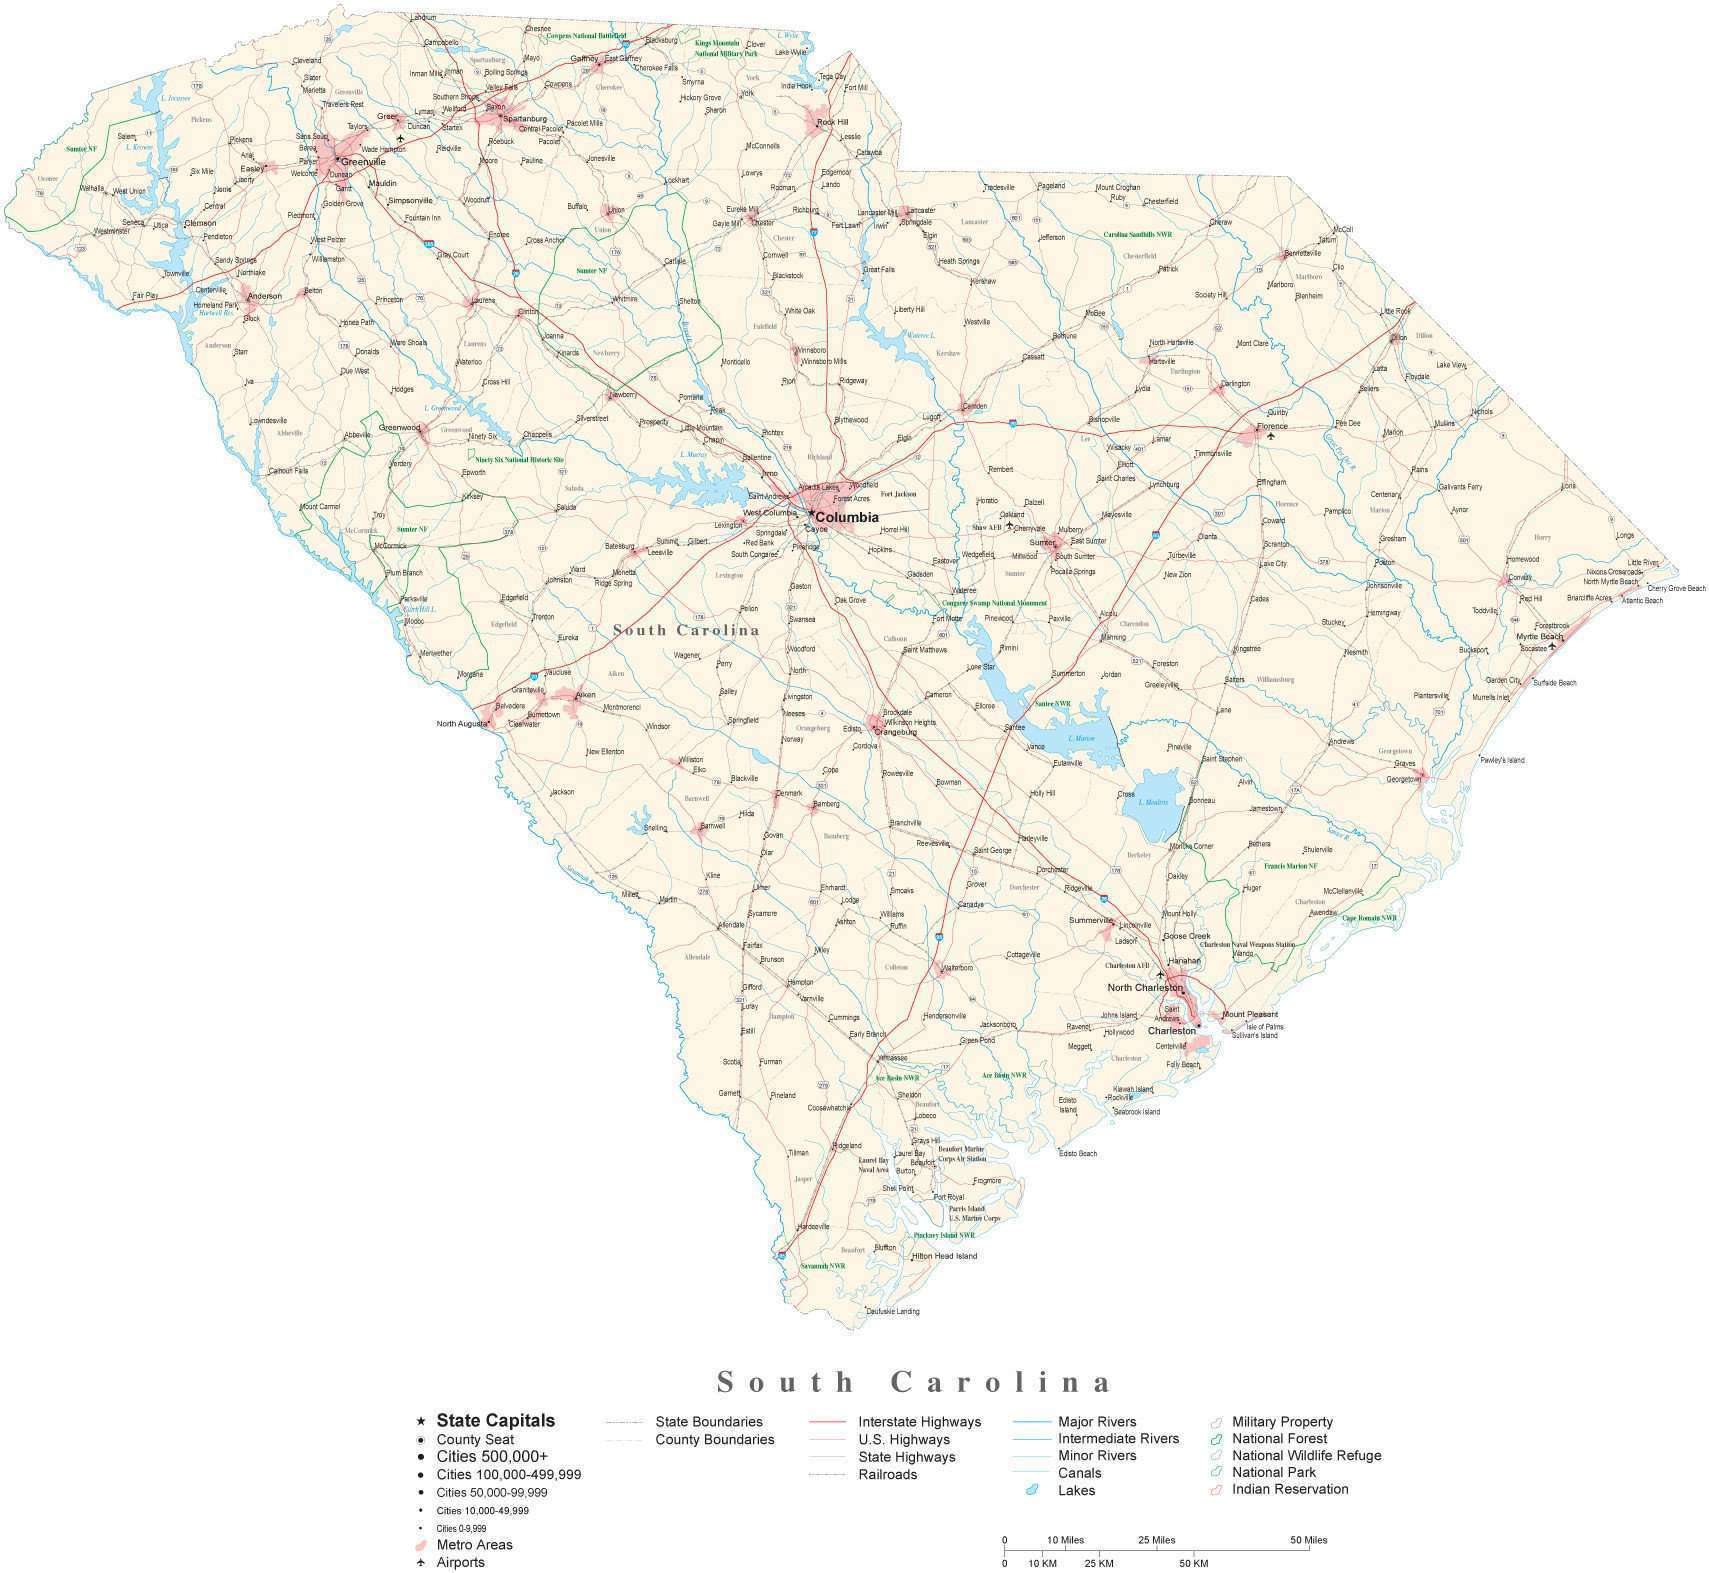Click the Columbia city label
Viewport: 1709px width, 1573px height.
click(x=847, y=517)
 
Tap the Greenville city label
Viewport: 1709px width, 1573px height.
click(x=363, y=161)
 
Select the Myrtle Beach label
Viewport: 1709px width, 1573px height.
click(x=1539, y=636)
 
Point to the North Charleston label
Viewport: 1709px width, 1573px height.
click(x=1145, y=987)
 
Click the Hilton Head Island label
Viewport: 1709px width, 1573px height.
click(x=943, y=1256)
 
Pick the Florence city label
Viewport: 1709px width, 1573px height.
click(x=1272, y=426)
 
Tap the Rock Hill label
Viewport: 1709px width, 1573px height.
click(x=832, y=122)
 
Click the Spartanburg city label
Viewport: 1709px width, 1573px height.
click(x=526, y=118)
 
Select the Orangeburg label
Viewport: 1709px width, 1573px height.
click(x=895, y=732)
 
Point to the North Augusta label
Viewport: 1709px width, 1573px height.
click(x=461, y=723)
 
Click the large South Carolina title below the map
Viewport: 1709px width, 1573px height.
click(x=915, y=1382)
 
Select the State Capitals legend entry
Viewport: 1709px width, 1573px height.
click(x=495, y=1420)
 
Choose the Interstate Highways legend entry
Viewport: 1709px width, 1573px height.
click(x=919, y=1421)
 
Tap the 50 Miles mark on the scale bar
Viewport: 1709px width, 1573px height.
click(x=1307, y=1539)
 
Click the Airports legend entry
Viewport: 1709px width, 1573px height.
click(x=460, y=1562)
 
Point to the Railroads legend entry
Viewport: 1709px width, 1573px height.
click(x=887, y=1474)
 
